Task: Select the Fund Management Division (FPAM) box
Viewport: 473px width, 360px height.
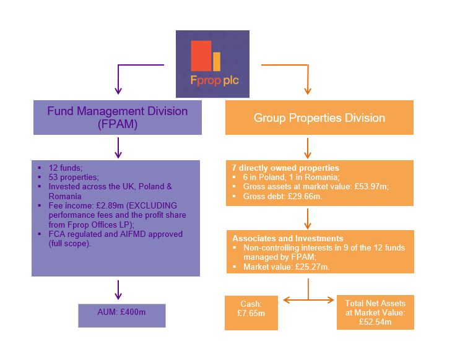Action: (x=118, y=118)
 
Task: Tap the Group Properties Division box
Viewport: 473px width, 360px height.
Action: (x=319, y=118)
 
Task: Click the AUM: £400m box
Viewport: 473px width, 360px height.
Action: (x=121, y=315)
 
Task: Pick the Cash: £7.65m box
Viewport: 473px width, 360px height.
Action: (x=251, y=312)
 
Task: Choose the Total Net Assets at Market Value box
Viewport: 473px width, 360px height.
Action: (x=375, y=312)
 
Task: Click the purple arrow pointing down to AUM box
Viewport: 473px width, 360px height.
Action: (x=118, y=289)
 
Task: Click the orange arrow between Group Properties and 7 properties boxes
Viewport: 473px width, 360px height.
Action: (x=308, y=148)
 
